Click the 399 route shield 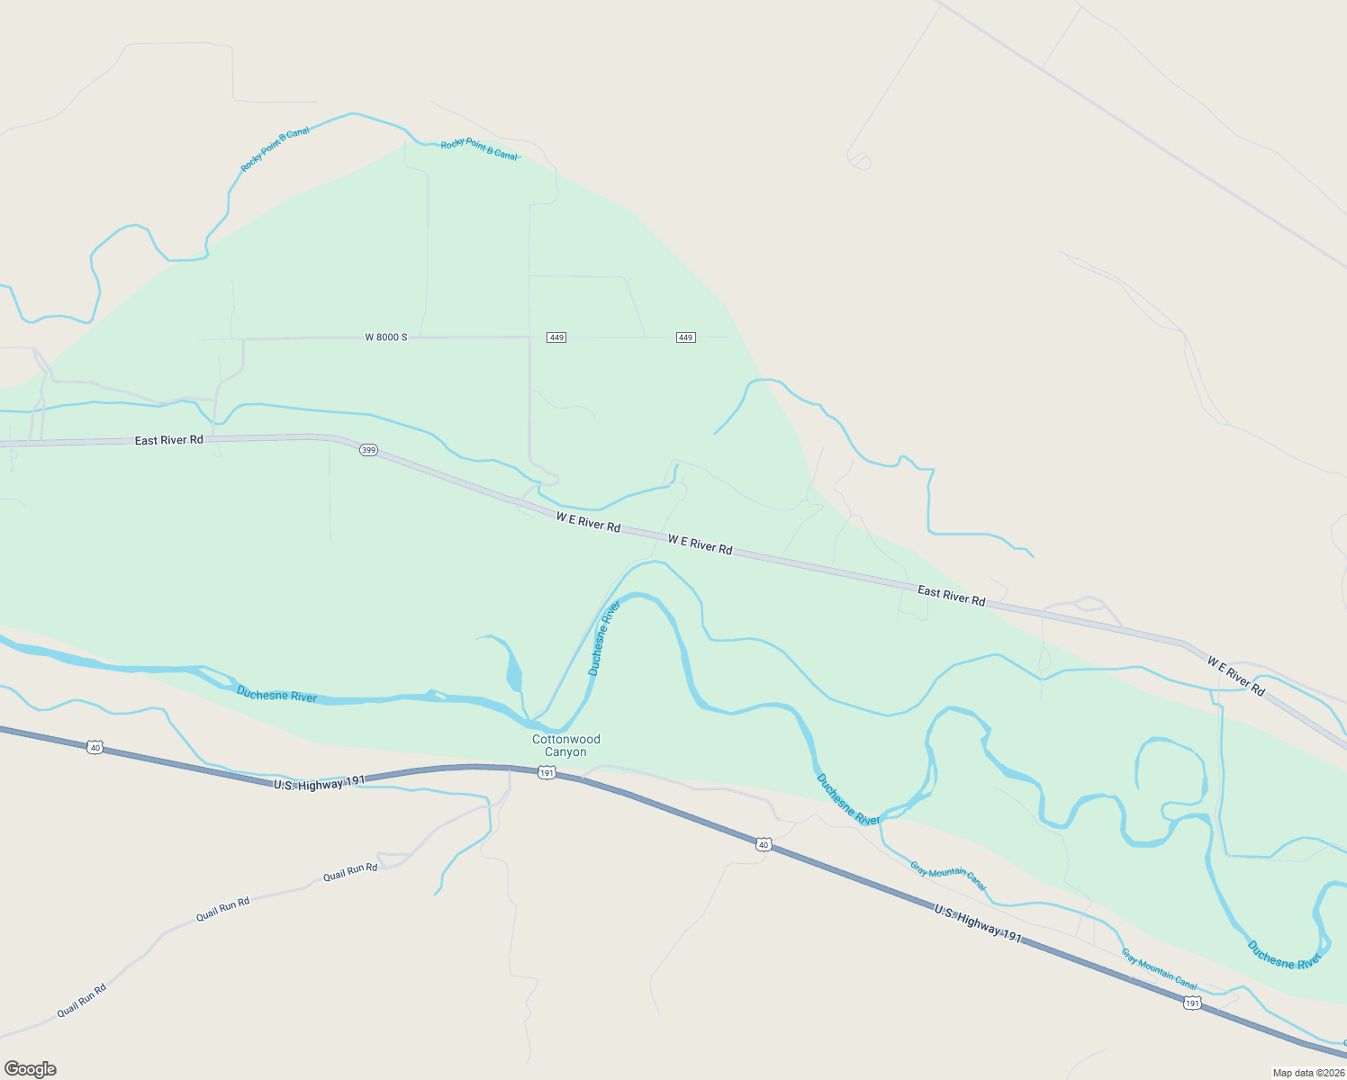(368, 450)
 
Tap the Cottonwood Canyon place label (565, 745)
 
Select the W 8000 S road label (386, 337)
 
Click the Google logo (31, 1069)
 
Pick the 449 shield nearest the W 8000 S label (556, 337)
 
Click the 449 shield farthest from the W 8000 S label (685, 337)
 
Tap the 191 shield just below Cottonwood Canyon (547, 773)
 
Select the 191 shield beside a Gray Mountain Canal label (1192, 1003)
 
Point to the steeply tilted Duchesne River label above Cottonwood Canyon (604, 638)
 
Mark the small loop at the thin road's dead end (860, 161)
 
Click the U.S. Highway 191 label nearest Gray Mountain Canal (977, 924)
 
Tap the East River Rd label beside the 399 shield (168, 440)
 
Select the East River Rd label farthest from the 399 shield (951, 596)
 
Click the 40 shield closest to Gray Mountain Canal (764, 844)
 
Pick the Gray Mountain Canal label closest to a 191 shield (1159, 969)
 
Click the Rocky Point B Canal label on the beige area (275, 149)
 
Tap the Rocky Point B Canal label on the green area (479, 150)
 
